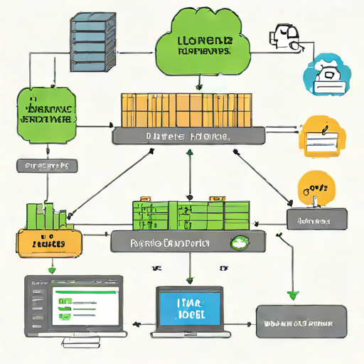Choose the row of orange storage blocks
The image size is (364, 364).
pos(187,110)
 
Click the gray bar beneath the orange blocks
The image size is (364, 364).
pos(188,135)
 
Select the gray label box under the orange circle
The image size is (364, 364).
pos(317,220)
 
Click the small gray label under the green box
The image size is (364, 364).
pos(46,166)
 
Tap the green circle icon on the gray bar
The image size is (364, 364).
pos(242,242)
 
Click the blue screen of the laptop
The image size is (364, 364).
pos(190,308)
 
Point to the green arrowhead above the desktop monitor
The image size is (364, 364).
pos(51,269)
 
